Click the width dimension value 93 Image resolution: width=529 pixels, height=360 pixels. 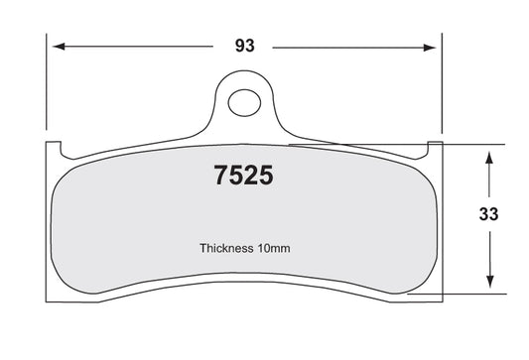244,46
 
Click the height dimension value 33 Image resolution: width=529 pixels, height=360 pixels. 488,214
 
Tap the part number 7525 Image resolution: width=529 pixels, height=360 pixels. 243,176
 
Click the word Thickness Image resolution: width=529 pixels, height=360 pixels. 226,248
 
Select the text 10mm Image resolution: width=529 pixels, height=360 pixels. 274,249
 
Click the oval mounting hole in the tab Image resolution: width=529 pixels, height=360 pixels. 244,103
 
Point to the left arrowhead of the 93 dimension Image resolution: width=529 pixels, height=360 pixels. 59,47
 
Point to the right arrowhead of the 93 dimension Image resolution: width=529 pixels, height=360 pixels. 430,48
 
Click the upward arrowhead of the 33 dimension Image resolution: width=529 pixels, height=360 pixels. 489,158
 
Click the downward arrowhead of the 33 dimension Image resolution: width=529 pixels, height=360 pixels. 490,282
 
